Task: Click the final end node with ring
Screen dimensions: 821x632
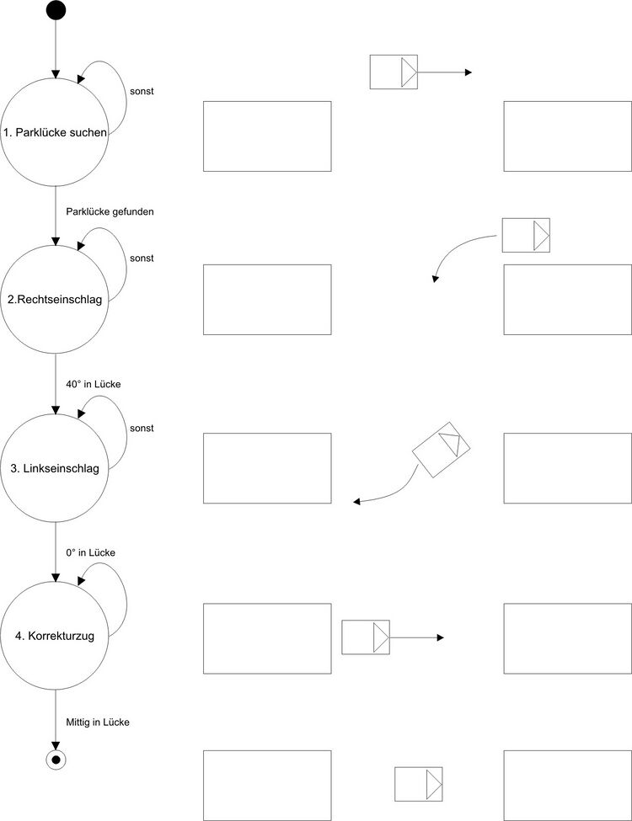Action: (x=56, y=760)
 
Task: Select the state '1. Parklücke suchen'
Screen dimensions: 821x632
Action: (x=55, y=133)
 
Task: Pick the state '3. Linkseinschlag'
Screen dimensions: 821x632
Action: (x=55, y=469)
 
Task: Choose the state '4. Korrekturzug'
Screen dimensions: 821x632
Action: (x=55, y=637)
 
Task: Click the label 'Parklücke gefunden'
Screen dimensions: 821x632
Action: (x=110, y=211)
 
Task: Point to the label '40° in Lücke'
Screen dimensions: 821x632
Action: (x=94, y=384)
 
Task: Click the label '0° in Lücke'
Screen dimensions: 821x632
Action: (x=90, y=552)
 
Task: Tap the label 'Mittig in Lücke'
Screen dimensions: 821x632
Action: (x=98, y=722)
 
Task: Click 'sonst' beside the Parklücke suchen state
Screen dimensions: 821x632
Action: (x=142, y=91)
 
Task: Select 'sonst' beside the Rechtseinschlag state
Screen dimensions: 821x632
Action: (x=142, y=258)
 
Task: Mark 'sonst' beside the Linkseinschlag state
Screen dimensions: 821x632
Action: (x=142, y=428)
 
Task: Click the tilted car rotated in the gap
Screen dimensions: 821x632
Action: (x=441, y=450)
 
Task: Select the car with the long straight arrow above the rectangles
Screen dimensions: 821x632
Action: (x=394, y=72)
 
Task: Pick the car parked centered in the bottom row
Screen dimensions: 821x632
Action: (x=419, y=784)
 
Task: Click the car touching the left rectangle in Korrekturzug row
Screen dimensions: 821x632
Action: (x=365, y=637)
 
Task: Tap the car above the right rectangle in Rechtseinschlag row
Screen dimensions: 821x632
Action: (x=526, y=235)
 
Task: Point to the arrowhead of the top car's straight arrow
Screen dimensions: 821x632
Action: (x=469, y=72)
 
